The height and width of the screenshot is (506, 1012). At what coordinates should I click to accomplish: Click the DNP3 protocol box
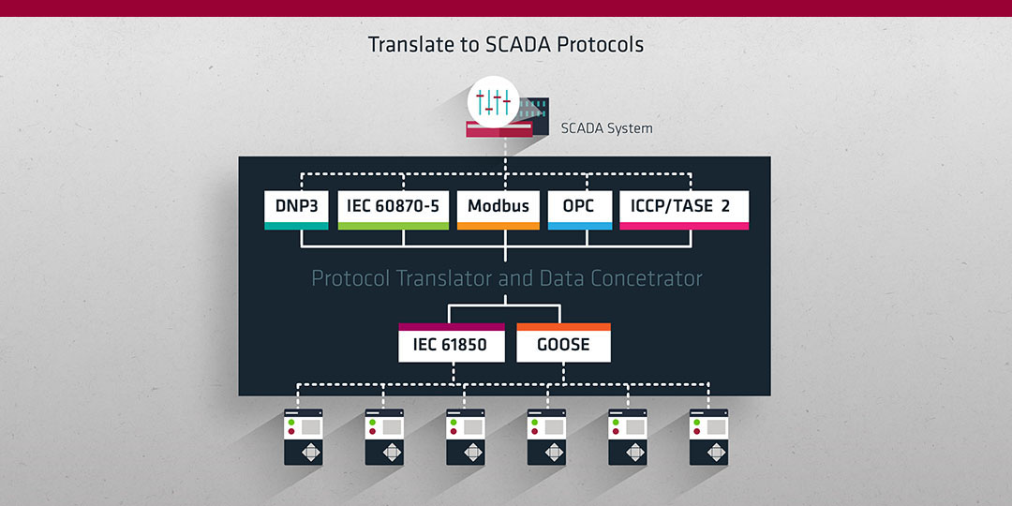click(x=296, y=210)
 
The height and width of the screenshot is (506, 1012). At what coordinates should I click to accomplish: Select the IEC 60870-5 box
click(x=393, y=210)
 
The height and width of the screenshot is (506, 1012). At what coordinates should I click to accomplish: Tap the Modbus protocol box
click(x=499, y=210)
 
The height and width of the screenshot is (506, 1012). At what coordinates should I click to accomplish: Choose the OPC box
click(x=580, y=210)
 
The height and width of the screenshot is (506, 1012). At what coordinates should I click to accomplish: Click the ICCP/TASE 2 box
click(x=684, y=210)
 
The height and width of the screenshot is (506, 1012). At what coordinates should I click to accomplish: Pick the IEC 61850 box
click(x=451, y=343)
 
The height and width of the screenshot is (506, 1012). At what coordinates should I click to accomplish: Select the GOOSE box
click(x=563, y=343)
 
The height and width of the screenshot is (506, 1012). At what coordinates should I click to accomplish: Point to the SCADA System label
click(x=606, y=128)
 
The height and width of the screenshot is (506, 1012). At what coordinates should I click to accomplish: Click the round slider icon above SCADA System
click(x=494, y=101)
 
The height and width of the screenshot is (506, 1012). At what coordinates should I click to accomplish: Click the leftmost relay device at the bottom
click(x=304, y=437)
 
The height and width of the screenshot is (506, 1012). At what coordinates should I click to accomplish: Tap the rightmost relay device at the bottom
click(x=708, y=437)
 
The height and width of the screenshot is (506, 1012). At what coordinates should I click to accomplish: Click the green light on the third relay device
click(x=454, y=422)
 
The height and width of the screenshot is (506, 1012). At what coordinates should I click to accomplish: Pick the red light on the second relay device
click(x=372, y=431)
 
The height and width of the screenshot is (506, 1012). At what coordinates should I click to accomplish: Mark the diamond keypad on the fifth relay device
click(x=635, y=452)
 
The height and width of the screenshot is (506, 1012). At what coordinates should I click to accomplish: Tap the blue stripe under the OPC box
click(x=580, y=226)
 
